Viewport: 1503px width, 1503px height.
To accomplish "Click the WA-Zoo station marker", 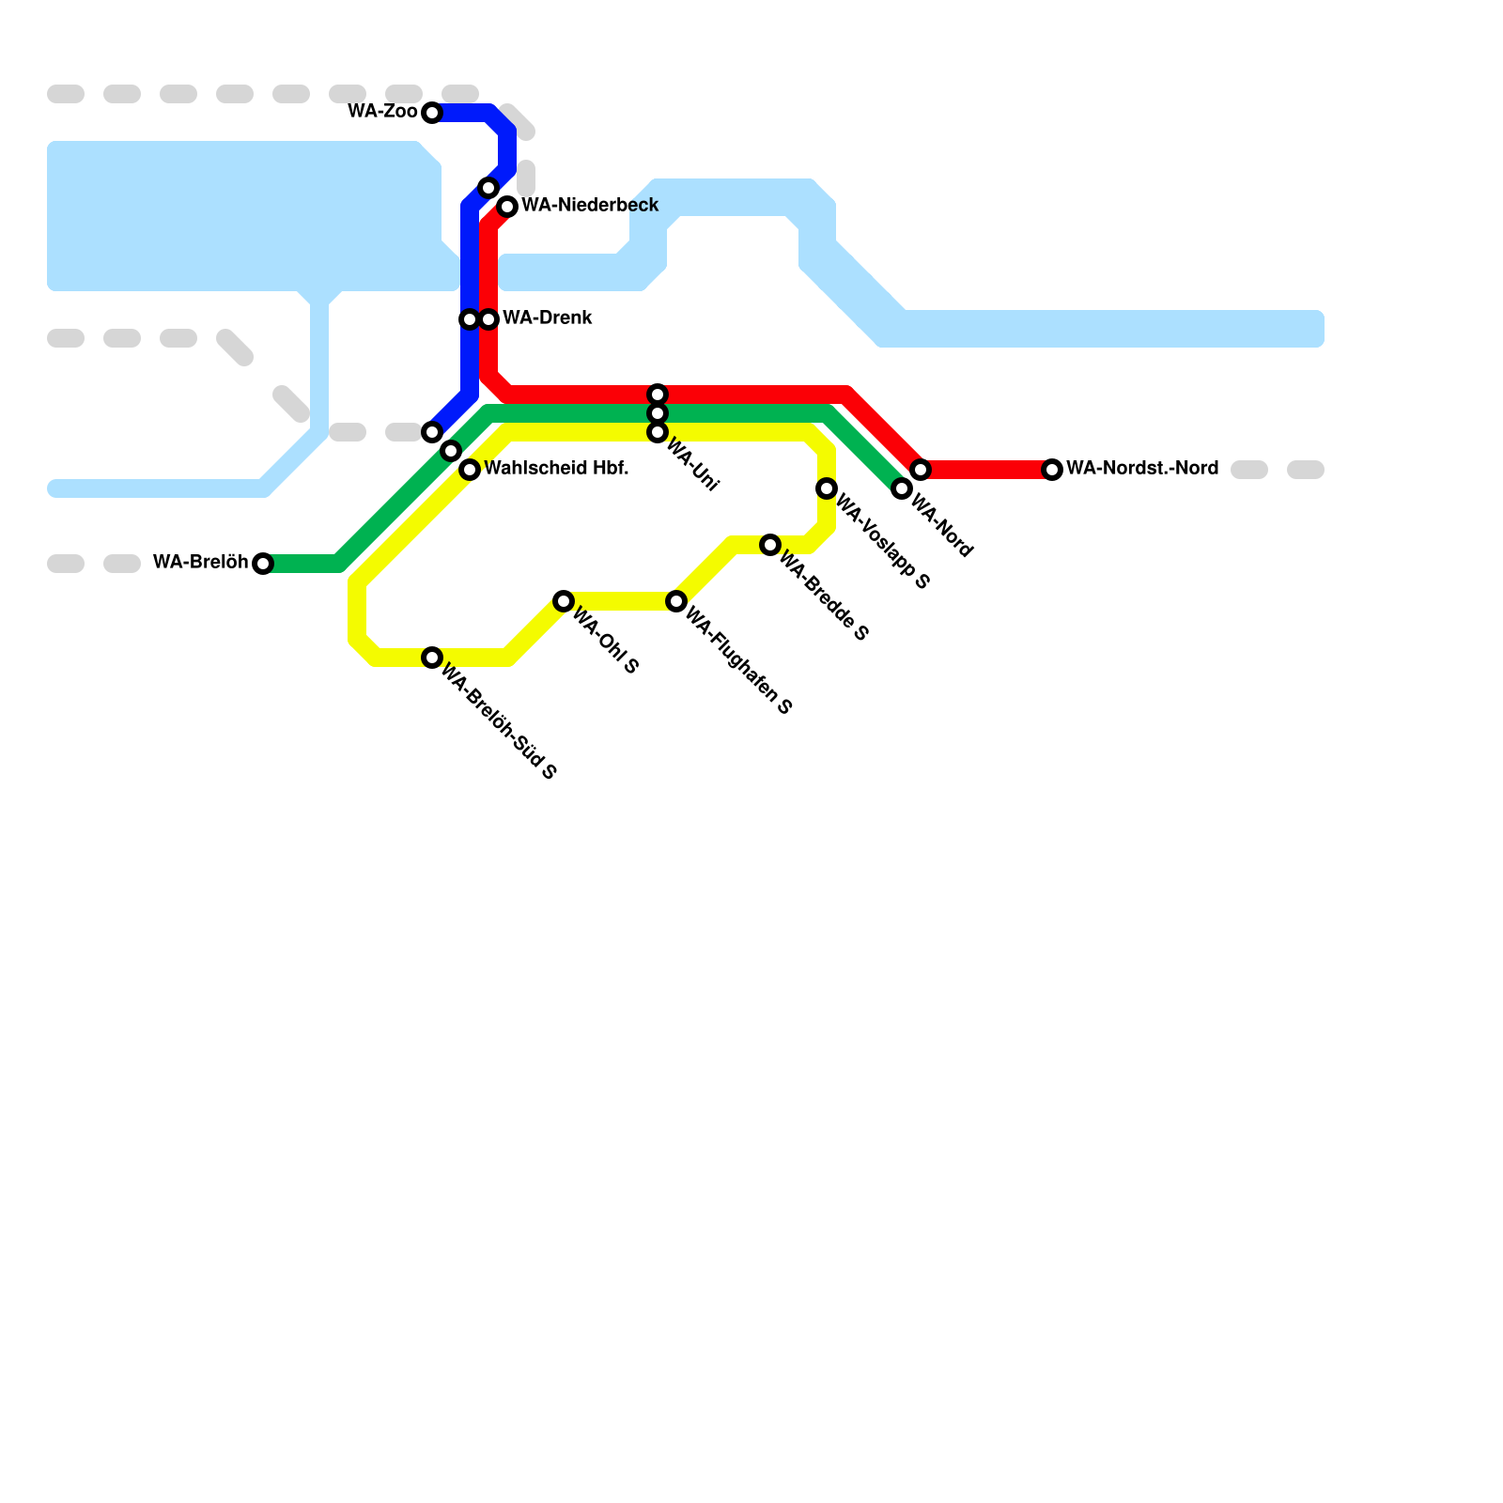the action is (432, 113).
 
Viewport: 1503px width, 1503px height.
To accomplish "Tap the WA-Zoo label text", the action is (382, 112).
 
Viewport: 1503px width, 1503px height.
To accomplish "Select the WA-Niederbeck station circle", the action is (507, 207).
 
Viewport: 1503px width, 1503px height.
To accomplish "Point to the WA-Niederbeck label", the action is (590, 205).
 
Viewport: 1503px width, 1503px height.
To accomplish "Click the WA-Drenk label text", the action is (548, 318).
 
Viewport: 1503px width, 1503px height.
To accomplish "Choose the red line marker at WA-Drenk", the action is (488, 319).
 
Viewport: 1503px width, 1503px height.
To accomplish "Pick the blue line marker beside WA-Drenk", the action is (469, 319).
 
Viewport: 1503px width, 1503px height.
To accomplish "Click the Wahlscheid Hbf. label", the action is (556, 468).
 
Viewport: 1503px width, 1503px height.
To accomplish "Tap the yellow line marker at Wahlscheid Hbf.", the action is (470, 470).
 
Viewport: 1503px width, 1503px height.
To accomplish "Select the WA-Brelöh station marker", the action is (263, 564).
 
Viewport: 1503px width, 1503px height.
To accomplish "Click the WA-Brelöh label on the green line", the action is (200, 562).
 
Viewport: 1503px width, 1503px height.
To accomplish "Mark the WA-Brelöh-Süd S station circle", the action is (432, 658).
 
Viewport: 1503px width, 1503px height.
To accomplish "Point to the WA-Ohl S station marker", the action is (564, 601).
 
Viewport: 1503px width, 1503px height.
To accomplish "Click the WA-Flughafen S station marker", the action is (676, 601).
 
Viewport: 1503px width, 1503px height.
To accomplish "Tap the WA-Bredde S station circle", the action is (770, 545).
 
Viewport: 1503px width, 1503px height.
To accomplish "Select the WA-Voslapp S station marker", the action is (827, 488).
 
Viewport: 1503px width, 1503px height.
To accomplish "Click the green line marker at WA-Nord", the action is (902, 488).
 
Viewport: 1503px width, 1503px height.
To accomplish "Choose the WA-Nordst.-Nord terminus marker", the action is (1052, 470).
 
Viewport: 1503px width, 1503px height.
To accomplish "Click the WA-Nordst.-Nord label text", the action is (1142, 468).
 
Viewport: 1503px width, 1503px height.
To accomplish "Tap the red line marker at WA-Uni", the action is (658, 395).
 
